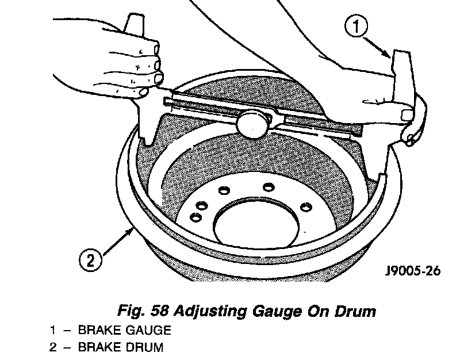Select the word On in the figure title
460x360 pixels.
(x=319, y=311)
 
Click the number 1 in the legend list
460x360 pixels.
(x=53, y=331)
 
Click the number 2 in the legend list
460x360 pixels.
(x=53, y=347)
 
